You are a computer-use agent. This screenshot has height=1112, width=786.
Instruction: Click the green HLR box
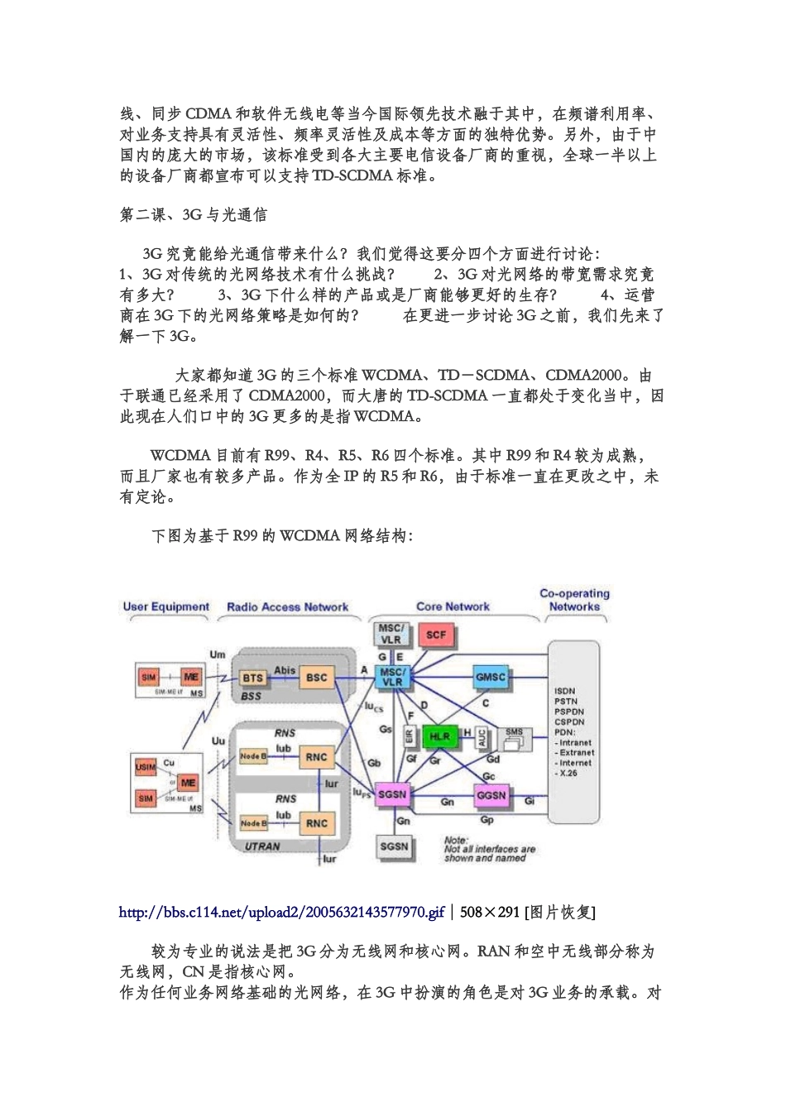coord(439,736)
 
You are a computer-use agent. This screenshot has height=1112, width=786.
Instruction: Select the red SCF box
coord(435,635)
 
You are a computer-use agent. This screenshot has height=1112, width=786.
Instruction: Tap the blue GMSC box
coord(490,677)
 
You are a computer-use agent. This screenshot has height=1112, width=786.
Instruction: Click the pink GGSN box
coord(491,795)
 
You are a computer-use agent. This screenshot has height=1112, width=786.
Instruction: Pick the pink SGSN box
coord(392,794)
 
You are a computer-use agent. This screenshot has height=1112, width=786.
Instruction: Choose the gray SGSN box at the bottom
coord(394,846)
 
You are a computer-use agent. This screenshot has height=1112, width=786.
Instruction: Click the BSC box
coord(317,678)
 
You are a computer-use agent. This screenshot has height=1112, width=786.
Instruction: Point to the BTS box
coord(252,678)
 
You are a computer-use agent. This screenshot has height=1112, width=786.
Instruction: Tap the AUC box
coord(483,737)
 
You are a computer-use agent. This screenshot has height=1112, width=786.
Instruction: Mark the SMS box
coord(513,736)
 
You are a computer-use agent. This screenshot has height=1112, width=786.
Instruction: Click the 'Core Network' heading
coord(453,606)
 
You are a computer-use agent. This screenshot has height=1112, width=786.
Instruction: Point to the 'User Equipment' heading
coord(166,606)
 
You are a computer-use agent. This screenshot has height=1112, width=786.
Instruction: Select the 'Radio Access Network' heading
coord(288,606)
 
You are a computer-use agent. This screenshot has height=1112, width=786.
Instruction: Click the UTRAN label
coord(262,846)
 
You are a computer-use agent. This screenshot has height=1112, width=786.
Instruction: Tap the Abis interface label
coord(285,671)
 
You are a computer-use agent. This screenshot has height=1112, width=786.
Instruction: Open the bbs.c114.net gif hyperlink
coord(282,912)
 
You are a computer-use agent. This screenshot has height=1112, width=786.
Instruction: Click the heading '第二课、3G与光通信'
coord(194,214)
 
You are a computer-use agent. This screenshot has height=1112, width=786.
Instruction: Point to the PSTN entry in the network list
coord(566,702)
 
